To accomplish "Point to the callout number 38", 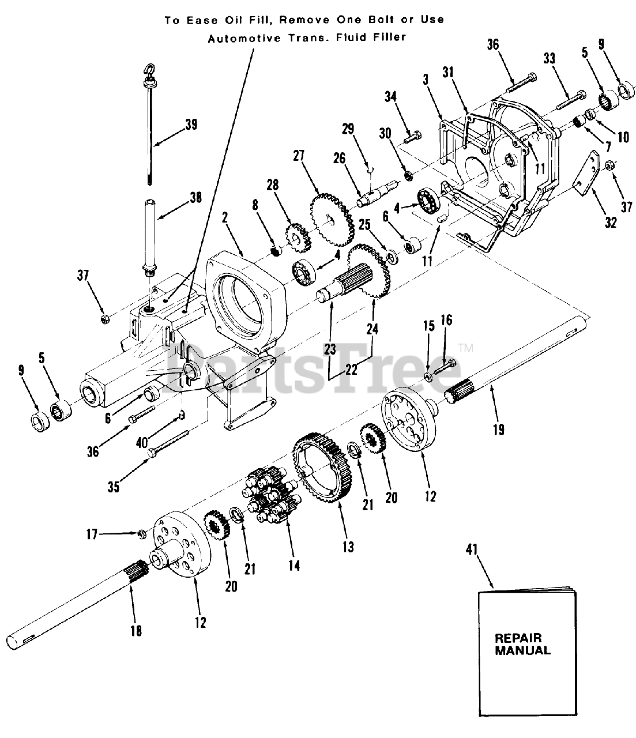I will [x=194, y=198].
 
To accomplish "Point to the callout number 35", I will [x=114, y=487].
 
